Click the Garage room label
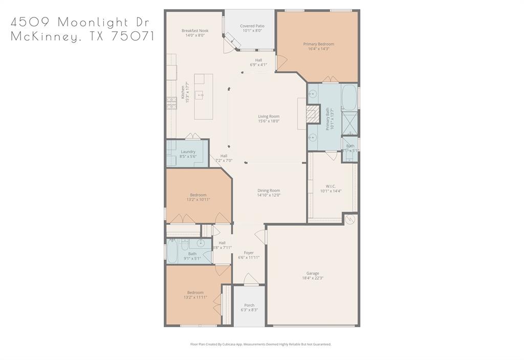(x=312, y=273)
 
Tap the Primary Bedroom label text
(x=321, y=45)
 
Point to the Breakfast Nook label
(x=195, y=31)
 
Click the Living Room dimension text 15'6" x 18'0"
(x=268, y=121)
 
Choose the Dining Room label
(x=268, y=190)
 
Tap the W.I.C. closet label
(x=330, y=186)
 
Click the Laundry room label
(x=188, y=152)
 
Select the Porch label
(x=249, y=306)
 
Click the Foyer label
(x=249, y=253)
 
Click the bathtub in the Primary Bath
(x=349, y=97)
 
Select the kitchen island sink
(x=200, y=94)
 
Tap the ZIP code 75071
(x=132, y=37)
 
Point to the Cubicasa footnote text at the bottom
(x=260, y=345)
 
